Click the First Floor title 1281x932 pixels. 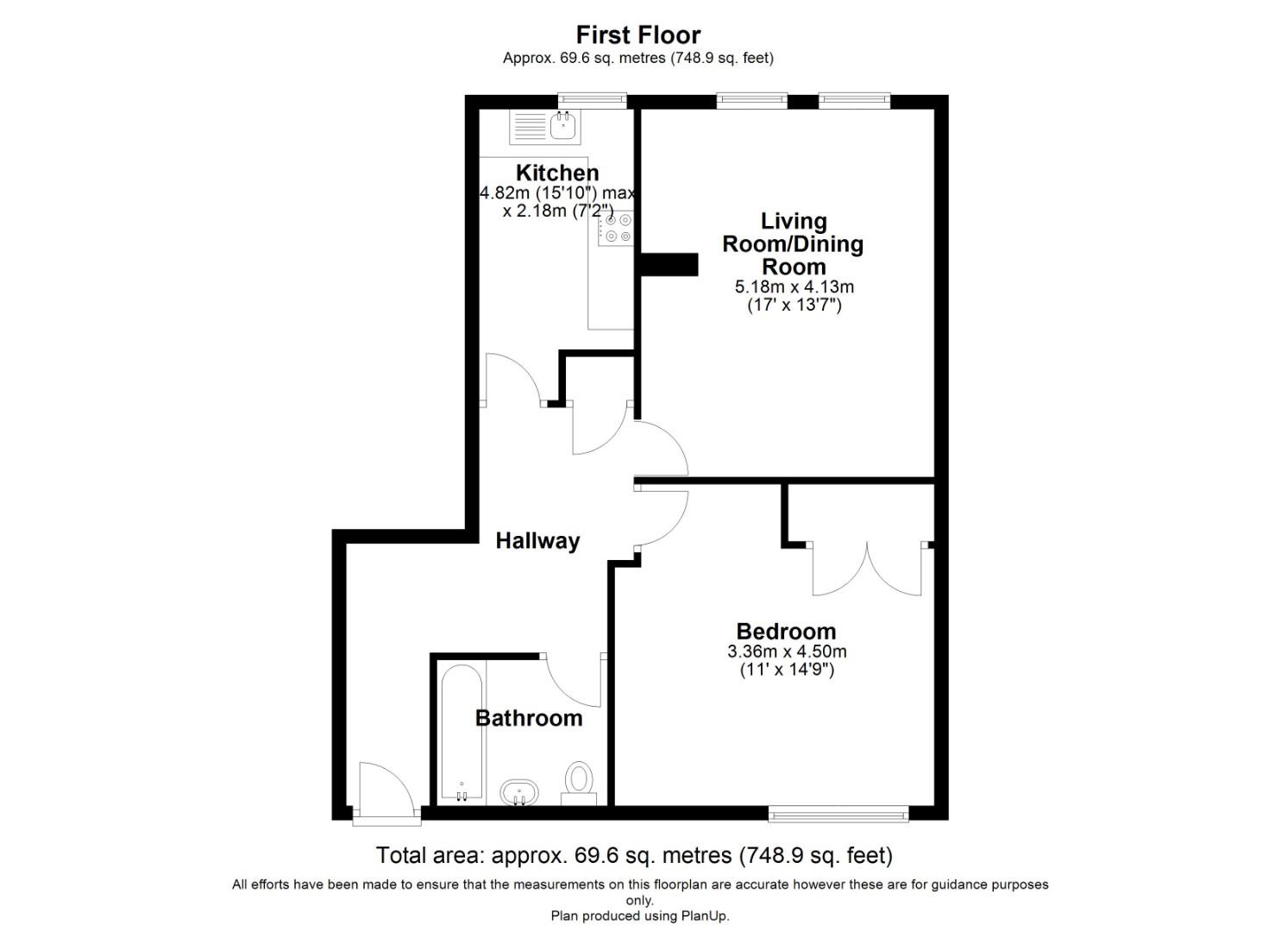click(x=637, y=35)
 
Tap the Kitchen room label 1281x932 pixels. click(x=556, y=173)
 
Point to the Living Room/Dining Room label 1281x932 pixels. click(x=793, y=244)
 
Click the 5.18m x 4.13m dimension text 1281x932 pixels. click(x=794, y=287)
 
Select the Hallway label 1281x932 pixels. click(x=537, y=541)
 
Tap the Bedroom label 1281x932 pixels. click(x=786, y=632)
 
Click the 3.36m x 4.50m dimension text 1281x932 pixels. click(x=787, y=652)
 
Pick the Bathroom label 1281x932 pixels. click(x=529, y=718)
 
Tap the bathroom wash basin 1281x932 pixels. click(x=519, y=791)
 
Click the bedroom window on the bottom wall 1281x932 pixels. click(x=838, y=812)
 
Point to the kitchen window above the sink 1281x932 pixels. click(x=592, y=101)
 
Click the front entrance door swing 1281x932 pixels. click(x=384, y=787)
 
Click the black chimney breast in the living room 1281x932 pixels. click(x=669, y=265)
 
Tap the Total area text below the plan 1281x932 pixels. click(x=634, y=855)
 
